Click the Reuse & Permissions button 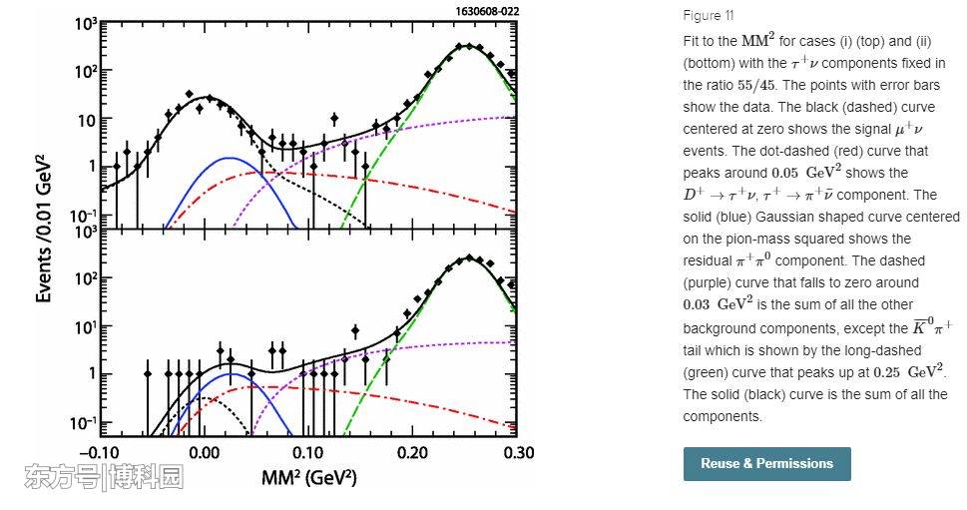click(x=766, y=464)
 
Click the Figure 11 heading click(x=709, y=15)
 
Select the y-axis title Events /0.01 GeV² click(x=44, y=229)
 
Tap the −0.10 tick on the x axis click(x=99, y=453)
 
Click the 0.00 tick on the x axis click(x=205, y=453)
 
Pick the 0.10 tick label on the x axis click(x=308, y=453)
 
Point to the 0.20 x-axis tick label click(x=412, y=453)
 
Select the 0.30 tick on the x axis click(x=515, y=453)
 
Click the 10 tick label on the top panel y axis click(x=85, y=121)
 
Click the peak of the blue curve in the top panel click(x=231, y=158)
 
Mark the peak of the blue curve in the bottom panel click(x=231, y=373)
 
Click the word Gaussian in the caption click(x=784, y=217)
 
